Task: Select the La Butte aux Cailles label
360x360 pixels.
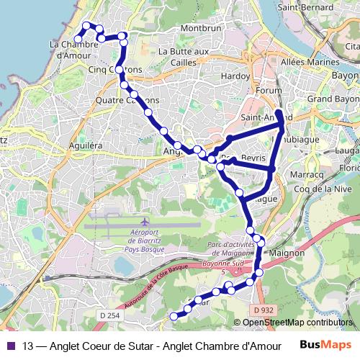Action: coord(183,56)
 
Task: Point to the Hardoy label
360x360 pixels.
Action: coord(235,76)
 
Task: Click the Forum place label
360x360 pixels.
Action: coord(269,91)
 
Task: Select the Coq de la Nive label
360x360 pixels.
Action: coord(316,189)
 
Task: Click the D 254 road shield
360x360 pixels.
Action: coord(109,315)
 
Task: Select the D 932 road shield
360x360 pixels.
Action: coord(264,310)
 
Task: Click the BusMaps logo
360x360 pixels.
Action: coord(325,345)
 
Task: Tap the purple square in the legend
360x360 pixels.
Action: coord(10,346)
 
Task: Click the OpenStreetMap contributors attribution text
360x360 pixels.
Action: coord(298,323)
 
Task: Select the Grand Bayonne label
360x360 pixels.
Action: coord(333,98)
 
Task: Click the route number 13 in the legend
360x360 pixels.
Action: coord(27,346)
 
